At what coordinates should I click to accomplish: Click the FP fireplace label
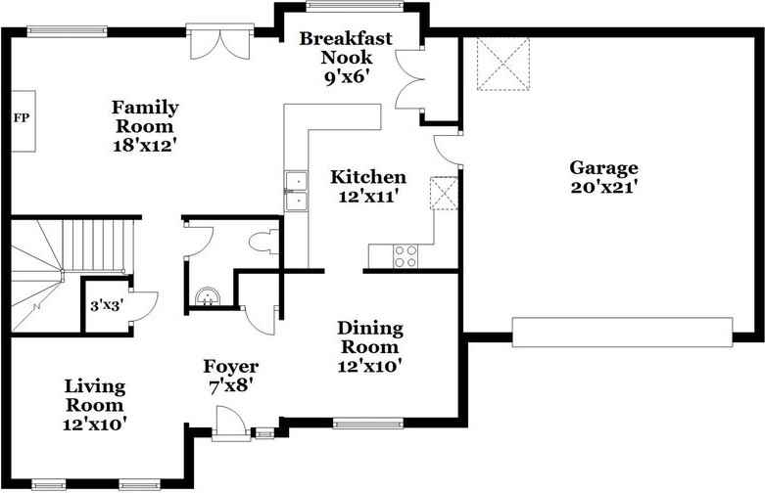[x=21, y=118]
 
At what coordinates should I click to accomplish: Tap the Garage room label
[x=603, y=168]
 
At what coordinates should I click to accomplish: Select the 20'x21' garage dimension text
[x=604, y=188]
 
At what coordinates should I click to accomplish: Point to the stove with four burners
[x=406, y=256]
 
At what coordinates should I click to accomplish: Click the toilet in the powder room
[x=263, y=242]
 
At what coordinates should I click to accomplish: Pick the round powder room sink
[x=208, y=296]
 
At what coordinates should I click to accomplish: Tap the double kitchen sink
[x=296, y=191]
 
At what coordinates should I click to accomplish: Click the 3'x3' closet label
[x=107, y=306]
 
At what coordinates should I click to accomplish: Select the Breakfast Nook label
[x=346, y=48]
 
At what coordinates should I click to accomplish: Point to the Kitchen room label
[x=368, y=177]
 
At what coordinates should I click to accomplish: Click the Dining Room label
[x=370, y=337]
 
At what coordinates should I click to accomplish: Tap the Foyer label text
[x=231, y=367]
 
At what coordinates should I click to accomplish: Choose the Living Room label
[x=95, y=395]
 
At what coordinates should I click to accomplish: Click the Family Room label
[x=145, y=116]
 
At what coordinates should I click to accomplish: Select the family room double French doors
[x=220, y=42]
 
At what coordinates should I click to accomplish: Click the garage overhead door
[x=622, y=333]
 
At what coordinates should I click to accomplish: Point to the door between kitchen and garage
[x=448, y=150]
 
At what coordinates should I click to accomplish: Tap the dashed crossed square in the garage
[x=503, y=64]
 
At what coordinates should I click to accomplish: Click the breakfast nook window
[x=355, y=6]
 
